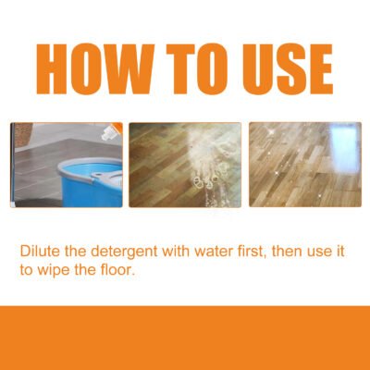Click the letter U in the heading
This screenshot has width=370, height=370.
pyautogui.click(x=250, y=67)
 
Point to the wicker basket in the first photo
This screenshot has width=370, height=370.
pyautogui.click(x=21, y=133)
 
